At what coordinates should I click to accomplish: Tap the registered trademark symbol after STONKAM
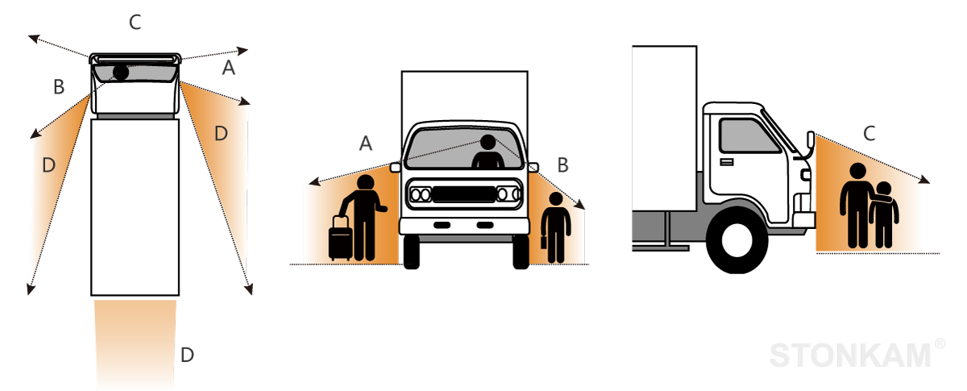point(940,344)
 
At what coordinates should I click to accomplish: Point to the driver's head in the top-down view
point(120,72)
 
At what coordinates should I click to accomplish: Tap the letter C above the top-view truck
point(135,23)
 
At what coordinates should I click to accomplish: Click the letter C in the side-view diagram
point(869,135)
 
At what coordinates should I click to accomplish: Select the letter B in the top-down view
point(58,87)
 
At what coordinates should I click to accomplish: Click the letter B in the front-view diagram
point(562,165)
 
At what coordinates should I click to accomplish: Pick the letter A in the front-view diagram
point(365,144)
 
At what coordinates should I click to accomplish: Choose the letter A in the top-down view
point(228,69)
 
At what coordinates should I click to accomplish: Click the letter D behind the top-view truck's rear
point(187,354)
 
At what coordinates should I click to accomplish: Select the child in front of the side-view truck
point(883,214)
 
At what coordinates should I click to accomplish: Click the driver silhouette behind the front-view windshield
point(488,153)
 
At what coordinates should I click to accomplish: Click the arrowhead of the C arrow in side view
point(928,181)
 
